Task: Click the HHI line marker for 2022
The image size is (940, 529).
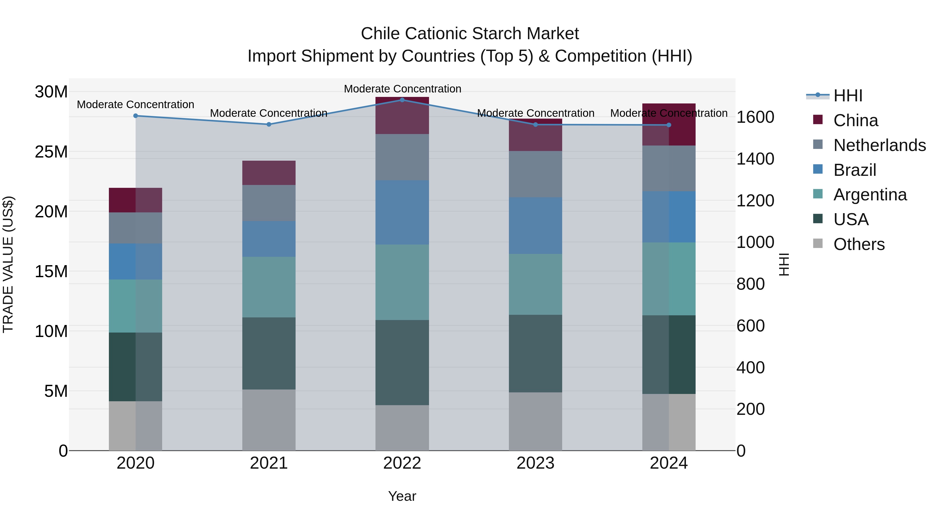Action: coord(402,100)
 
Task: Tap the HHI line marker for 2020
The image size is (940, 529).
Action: coord(135,116)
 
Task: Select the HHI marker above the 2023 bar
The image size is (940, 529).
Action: coord(535,125)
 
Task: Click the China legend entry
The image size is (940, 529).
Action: coord(855,120)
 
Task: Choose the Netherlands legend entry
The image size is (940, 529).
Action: coord(879,145)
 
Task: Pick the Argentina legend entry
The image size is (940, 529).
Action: coord(870,195)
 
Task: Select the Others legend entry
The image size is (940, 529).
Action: coord(859,244)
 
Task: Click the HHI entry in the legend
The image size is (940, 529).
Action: coord(848,96)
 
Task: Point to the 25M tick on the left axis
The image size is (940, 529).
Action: coord(51,152)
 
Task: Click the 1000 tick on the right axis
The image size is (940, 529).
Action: coord(755,242)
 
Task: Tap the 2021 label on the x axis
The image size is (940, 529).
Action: coord(269,463)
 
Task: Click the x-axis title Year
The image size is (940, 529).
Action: coord(402,496)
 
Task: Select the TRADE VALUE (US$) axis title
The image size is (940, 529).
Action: coord(8,264)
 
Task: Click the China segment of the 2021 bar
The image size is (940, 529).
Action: coord(269,173)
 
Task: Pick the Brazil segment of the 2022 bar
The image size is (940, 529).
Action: coord(402,212)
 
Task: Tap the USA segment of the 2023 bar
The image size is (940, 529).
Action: coord(535,353)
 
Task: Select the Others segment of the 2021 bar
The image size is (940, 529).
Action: coord(269,420)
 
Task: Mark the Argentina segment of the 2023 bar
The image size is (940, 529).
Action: coord(535,284)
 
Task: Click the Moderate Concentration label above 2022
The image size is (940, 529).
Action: coord(402,89)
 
